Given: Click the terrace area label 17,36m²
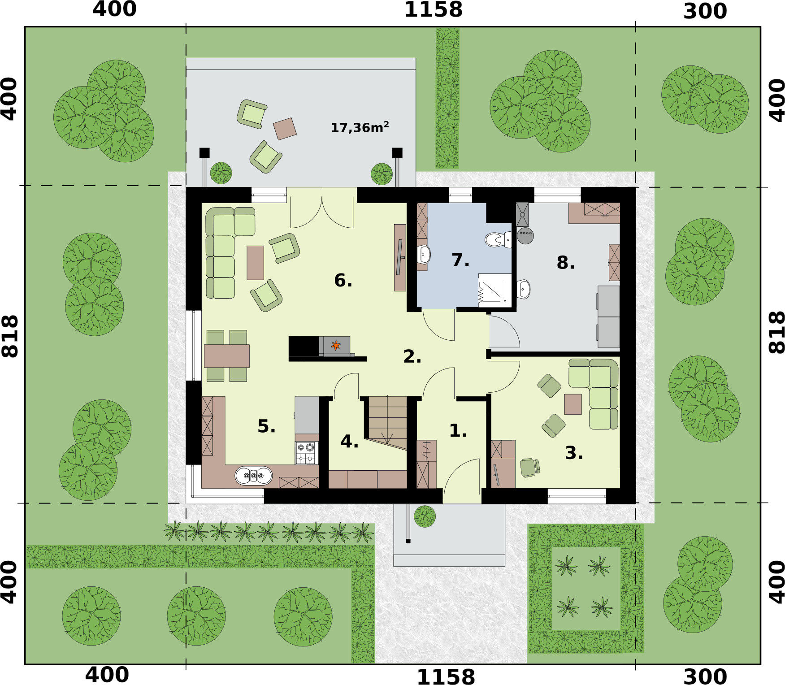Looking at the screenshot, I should click(x=360, y=128).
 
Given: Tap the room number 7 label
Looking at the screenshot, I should click(x=460, y=260).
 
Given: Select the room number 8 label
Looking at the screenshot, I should click(x=565, y=263).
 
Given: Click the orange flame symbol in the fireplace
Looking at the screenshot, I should click(x=335, y=345).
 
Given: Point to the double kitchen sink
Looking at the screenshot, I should click(x=254, y=476).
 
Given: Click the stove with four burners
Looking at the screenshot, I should click(x=306, y=453).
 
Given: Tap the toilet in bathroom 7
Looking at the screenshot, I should click(x=497, y=240).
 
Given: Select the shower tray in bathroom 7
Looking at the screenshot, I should click(x=494, y=290).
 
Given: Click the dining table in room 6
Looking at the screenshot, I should click(x=227, y=356).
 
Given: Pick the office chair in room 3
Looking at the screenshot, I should click(x=529, y=468).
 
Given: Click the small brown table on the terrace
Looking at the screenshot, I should click(x=285, y=129).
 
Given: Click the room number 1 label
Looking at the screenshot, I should click(x=458, y=431).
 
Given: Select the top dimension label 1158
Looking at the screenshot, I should click(x=433, y=10).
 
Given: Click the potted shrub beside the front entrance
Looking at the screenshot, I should click(x=424, y=516).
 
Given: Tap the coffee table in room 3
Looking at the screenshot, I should click(x=572, y=404).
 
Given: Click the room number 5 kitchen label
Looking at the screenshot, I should click(x=266, y=426).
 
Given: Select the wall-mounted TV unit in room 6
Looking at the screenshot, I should click(x=399, y=257).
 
